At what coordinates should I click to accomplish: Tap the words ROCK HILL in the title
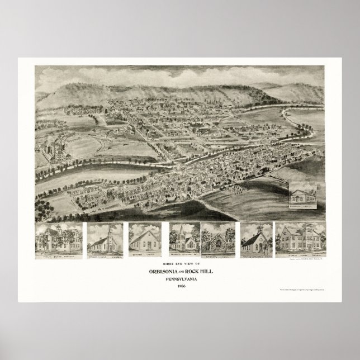tap(198, 272)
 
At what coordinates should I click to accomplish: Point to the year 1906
tap(180, 286)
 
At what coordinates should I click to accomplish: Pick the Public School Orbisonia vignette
tap(58, 239)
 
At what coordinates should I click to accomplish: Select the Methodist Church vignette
tap(144, 239)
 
